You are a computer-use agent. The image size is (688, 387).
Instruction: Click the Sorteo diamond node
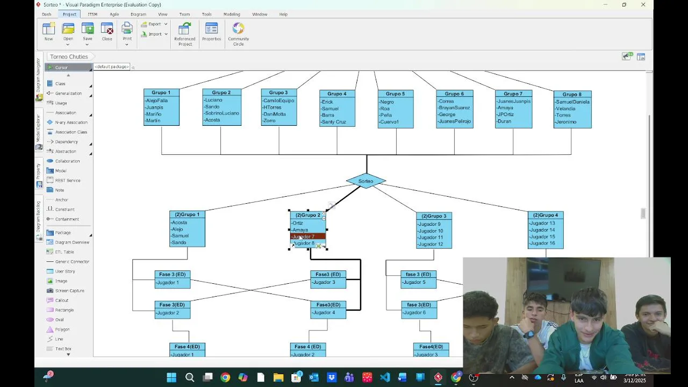pyautogui.click(x=365, y=181)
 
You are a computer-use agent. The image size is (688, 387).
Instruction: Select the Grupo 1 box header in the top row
pyautogui.click(x=161, y=92)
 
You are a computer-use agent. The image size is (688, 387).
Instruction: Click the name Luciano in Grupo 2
pyautogui.click(x=213, y=100)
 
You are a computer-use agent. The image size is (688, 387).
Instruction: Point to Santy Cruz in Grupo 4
pyautogui.click(x=334, y=122)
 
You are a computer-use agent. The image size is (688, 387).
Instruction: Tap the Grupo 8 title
pyautogui.click(x=572, y=95)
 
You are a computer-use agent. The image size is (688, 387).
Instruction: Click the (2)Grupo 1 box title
pyautogui.click(x=187, y=214)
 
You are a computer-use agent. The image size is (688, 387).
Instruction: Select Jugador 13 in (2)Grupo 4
pyautogui.click(x=542, y=223)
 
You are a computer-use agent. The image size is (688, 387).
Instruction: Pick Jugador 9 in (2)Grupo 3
pyautogui.click(x=429, y=224)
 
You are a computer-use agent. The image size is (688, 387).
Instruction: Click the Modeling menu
pyautogui.click(x=232, y=14)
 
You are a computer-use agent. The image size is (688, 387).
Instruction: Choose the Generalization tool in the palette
pyautogui.click(x=68, y=94)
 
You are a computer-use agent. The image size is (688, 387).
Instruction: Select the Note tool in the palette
pyautogui.click(x=60, y=190)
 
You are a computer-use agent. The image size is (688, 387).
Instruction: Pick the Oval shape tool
pyautogui.click(x=59, y=320)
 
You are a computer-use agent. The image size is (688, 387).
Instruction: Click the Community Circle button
pyautogui.click(x=238, y=33)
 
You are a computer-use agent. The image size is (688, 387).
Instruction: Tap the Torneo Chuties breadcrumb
pyautogui.click(x=69, y=56)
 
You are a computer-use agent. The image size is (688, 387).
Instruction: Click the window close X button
pyautogui.click(x=643, y=5)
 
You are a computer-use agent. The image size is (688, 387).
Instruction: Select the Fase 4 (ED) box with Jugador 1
pyautogui.click(x=187, y=350)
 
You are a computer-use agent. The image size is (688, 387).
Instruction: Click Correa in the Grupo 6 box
pyautogui.click(x=446, y=101)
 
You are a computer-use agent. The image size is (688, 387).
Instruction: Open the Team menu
pyautogui.click(x=184, y=14)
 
